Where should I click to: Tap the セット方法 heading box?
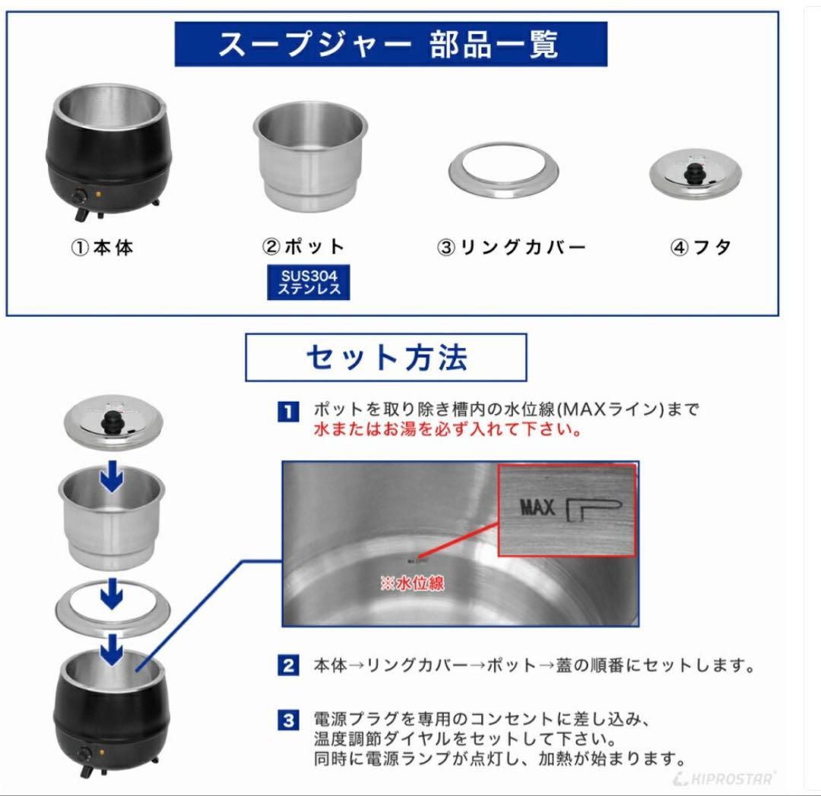pos(385,357)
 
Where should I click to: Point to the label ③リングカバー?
pos(511,248)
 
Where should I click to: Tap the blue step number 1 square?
pos(287,412)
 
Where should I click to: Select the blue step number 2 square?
pos(287,667)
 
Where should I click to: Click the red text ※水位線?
pos(412,583)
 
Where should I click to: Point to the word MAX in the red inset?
pos(538,507)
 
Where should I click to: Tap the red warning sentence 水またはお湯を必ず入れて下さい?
pos(449,430)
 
